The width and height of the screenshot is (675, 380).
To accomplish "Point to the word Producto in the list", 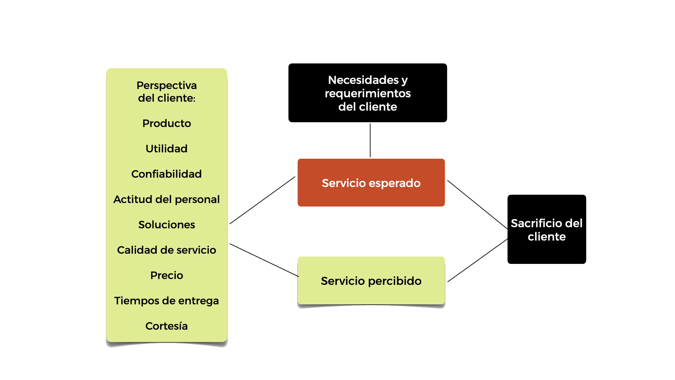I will click(167, 123).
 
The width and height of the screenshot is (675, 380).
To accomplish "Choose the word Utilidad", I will click(167, 149).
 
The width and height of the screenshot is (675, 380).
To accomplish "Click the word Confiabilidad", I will click(167, 174).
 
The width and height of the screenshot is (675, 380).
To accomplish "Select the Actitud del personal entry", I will click(167, 199).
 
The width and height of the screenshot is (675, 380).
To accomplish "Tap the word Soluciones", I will click(167, 225).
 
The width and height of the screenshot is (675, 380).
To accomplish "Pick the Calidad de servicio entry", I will click(167, 250).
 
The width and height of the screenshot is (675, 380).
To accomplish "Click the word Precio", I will click(167, 275).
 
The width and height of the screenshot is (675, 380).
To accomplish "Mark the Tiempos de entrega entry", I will click(167, 301).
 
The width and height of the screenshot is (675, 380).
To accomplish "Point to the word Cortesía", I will click(167, 326).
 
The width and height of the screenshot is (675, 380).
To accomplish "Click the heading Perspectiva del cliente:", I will click(167, 91).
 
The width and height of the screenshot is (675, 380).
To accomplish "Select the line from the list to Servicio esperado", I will click(262, 200).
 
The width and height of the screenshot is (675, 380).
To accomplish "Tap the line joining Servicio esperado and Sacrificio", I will click(477, 204).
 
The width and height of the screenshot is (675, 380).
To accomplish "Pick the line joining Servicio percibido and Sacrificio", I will click(477, 261).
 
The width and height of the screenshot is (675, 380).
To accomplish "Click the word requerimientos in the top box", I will click(368, 93).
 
